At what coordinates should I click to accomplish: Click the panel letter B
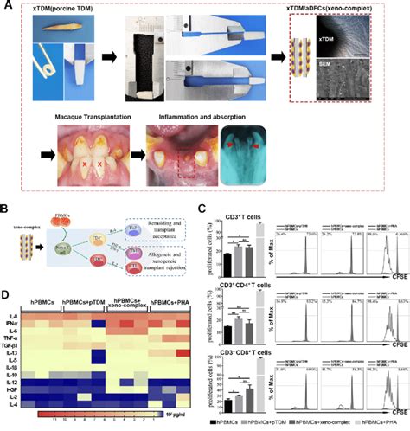[8, 209]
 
